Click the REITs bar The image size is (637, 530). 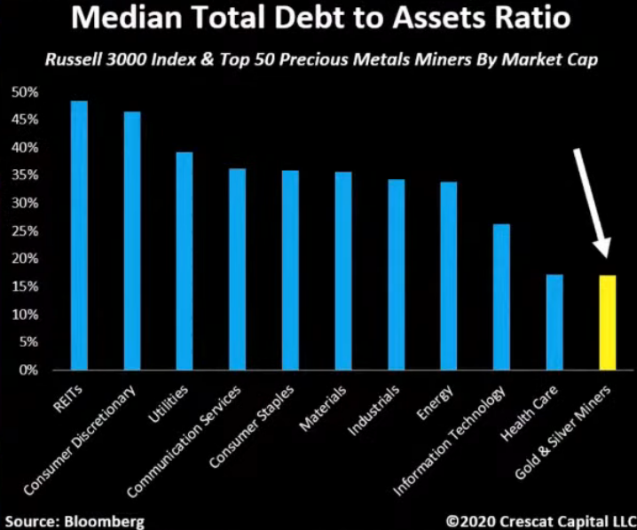coord(79,235)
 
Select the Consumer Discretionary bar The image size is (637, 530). coord(132,240)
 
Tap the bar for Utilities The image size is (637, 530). coord(185,261)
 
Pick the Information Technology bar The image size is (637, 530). coord(501,296)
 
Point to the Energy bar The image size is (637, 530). coord(449,276)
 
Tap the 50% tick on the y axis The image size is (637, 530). coord(26,92)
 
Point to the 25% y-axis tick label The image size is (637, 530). coord(26,231)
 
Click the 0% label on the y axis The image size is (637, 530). coord(28,370)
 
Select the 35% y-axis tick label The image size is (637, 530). coord(26,175)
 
